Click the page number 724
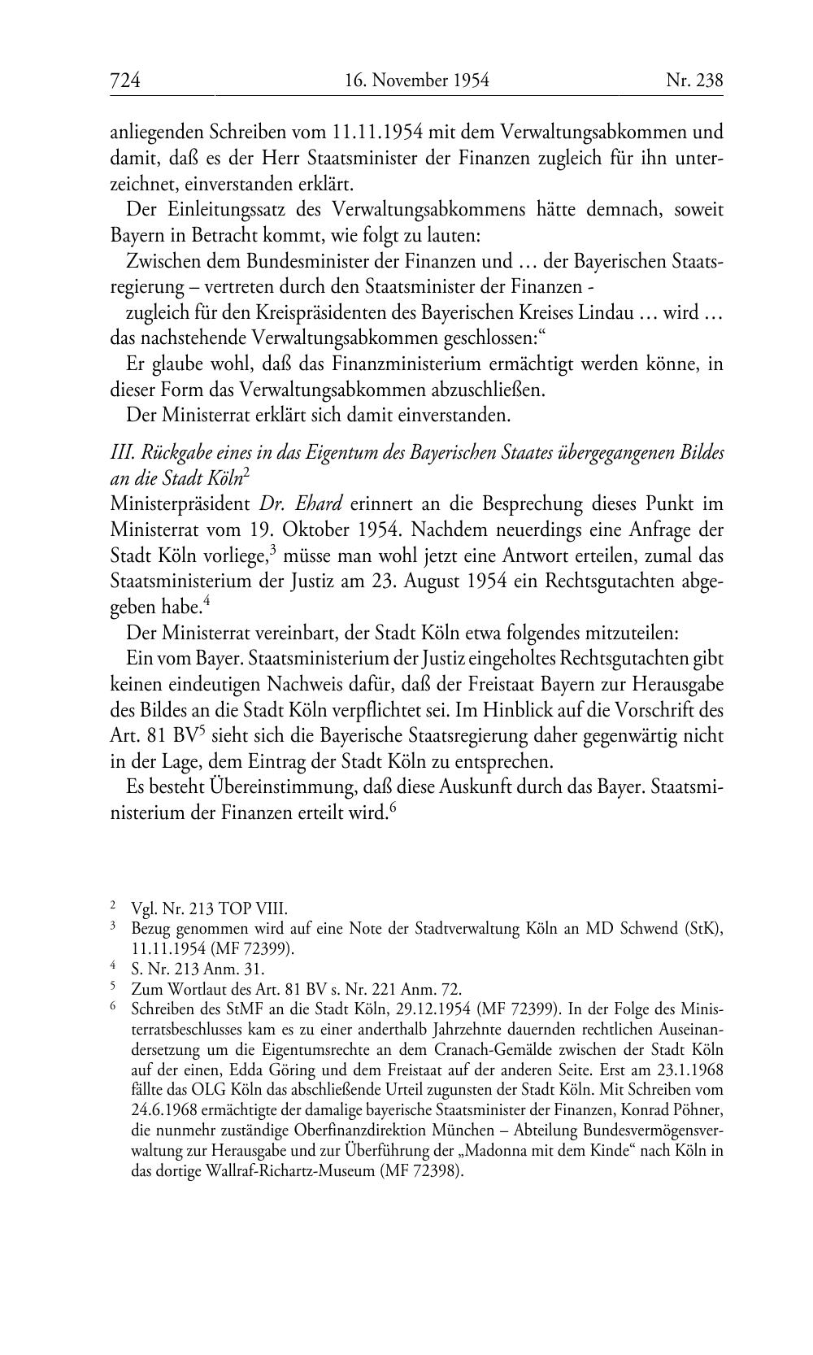[125, 80]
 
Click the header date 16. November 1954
[416, 80]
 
